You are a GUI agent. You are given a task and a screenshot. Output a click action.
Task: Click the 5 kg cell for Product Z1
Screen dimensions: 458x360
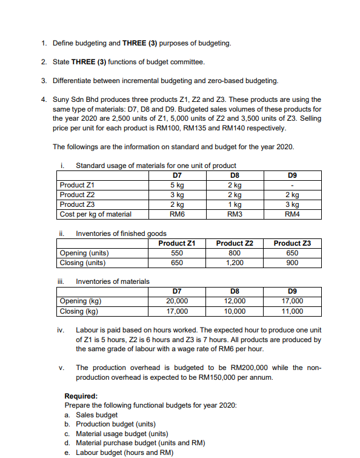(x=177, y=186)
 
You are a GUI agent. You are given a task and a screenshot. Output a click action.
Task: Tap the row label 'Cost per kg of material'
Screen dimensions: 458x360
(x=95, y=214)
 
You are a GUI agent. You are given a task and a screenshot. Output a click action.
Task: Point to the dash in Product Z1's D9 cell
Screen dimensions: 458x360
(x=293, y=186)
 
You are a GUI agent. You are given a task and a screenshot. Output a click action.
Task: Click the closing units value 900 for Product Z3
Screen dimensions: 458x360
(x=293, y=263)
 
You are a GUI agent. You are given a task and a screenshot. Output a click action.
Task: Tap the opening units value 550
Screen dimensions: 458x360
(x=177, y=253)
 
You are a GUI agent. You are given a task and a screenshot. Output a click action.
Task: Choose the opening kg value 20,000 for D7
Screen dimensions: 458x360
(x=177, y=301)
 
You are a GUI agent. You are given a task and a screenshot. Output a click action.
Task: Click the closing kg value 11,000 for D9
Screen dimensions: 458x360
(x=293, y=311)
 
